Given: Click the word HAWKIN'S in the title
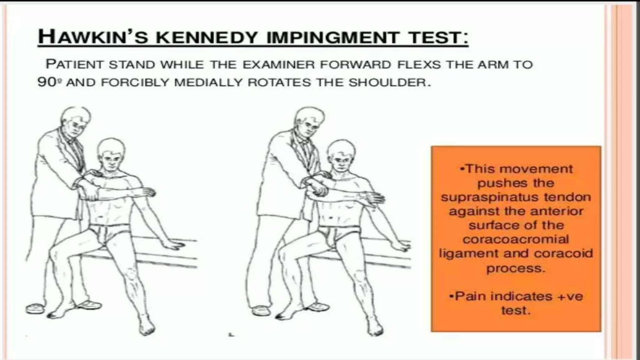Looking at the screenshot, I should pyautogui.click(x=94, y=37).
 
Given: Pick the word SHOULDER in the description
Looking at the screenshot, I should pyautogui.click(x=387, y=82).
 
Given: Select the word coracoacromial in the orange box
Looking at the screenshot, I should pyautogui.click(x=516, y=239).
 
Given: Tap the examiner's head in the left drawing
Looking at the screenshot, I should pyautogui.click(x=75, y=120).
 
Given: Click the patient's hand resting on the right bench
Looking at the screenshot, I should pyautogui.click(x=401, y=246).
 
